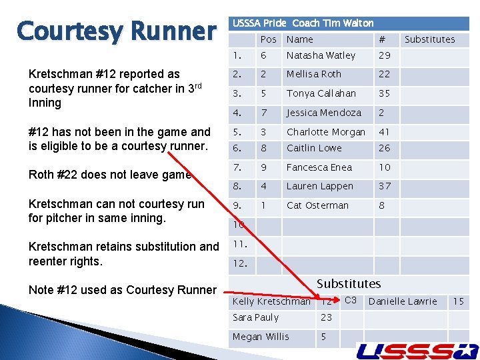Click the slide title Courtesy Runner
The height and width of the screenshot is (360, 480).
pyautogui.click(x=117, y=31)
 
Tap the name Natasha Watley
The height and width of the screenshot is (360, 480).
pyautogui.click(x=321, y=55)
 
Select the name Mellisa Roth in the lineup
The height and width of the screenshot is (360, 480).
pyautogui.click(x=313, y=75)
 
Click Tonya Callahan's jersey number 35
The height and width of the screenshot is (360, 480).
pyautogui.click(x=385, y=93)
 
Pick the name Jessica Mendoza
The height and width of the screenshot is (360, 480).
pyautogui.click(x=323, y=113)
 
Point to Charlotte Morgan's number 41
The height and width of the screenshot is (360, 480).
pyautogui.click(x=385, y=132)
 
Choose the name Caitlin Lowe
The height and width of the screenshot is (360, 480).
pyautogui.click(x=314, y=148)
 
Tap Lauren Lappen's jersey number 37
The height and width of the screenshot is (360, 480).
pyautogui.click(x=385, y=186)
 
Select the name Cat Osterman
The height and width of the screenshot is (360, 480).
pyautogui.click(x=317, y=205)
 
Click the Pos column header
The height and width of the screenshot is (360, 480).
pyautogui.click(x=268, y=39)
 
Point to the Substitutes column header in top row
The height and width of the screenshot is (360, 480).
pyautogui.click(x=429, y=39)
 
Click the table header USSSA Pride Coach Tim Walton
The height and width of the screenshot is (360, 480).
pyautogui.click(x=303, y=23)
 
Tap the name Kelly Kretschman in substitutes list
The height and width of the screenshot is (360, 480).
pyautogui.click(x=271, y=301)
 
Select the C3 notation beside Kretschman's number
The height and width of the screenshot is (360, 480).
pyautogui.click(x=351, y=300)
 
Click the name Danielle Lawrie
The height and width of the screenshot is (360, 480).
pyautogui.click(x=403, y=301)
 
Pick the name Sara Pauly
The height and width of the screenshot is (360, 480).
pyautogui.click(x=255, y=318)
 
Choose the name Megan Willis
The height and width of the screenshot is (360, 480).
pyautogui.click(x=261, y=337)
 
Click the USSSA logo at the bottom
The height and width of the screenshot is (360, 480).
pyautogui.click(x=417, y=350)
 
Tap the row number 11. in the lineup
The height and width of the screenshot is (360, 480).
pyautogui.click(x=240, y=245)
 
